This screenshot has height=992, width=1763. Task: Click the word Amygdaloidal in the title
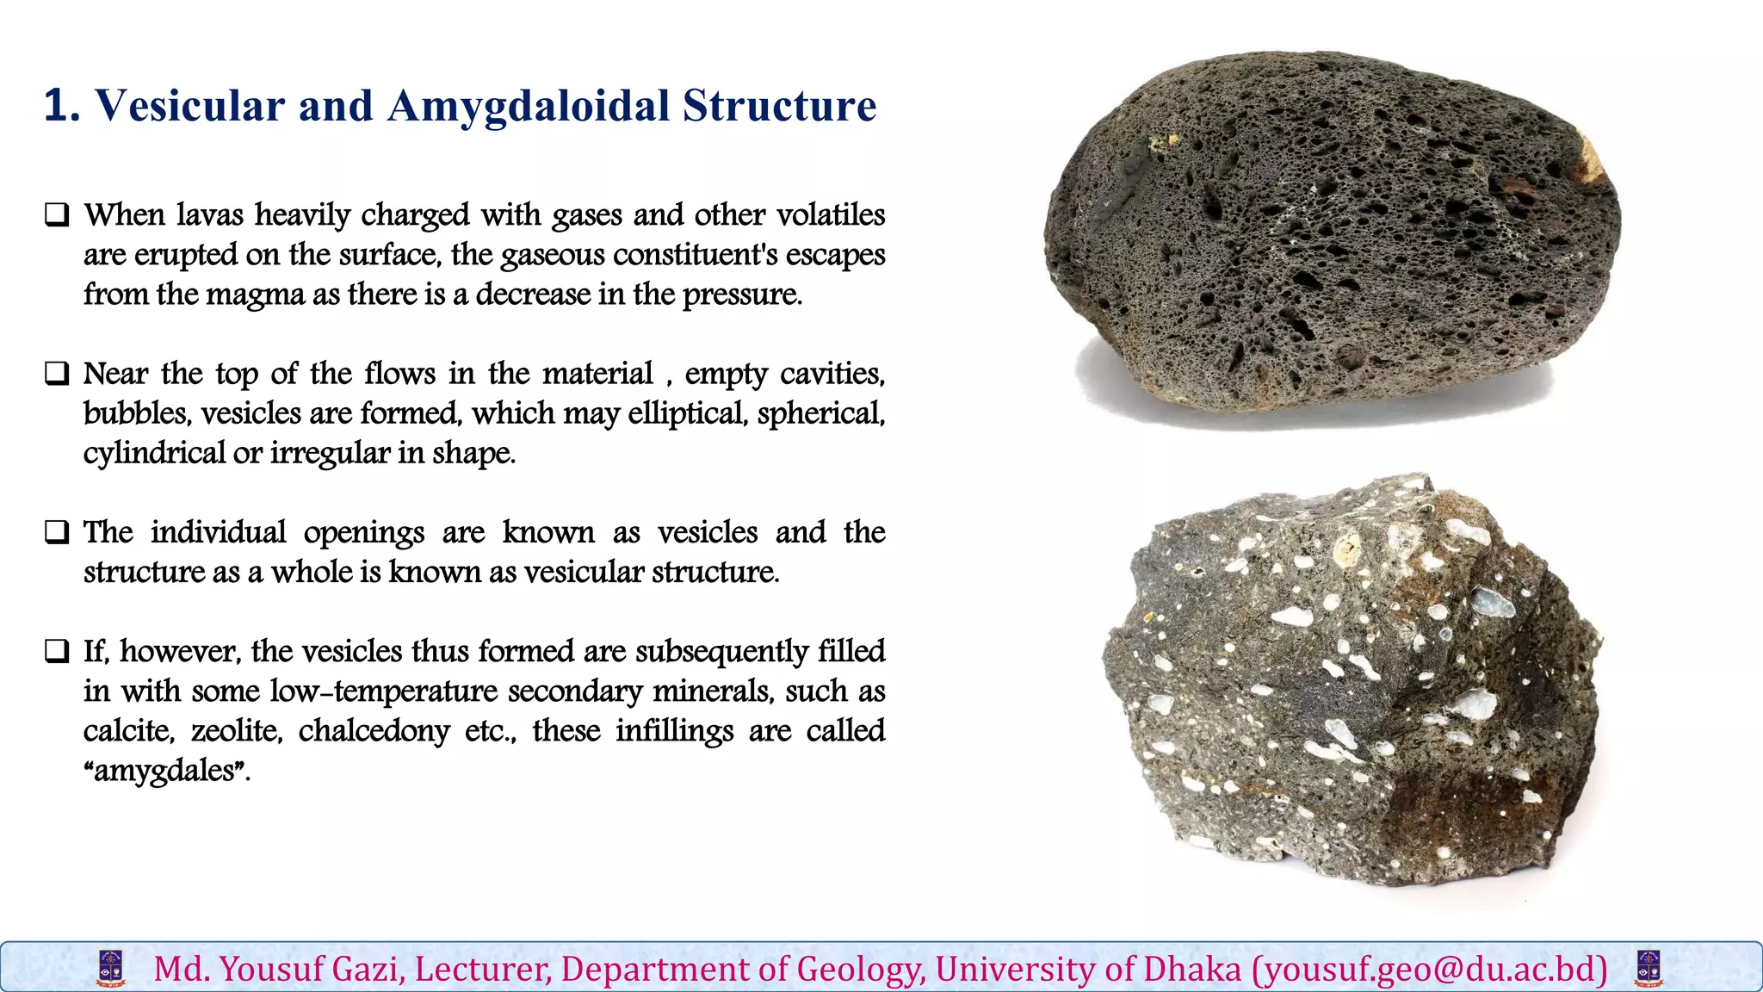click(528, 107)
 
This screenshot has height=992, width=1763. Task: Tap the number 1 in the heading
click(57, 107)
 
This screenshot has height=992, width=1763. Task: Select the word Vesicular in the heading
click(189, 107)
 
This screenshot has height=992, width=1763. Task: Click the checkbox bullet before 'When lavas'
click(57, 214)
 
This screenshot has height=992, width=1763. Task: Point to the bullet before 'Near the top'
click(57, 374)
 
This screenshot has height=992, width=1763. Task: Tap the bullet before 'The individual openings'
click(57, 532)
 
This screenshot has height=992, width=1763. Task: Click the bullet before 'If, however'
click(57, 651)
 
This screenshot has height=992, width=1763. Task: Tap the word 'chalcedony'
click(374, 731)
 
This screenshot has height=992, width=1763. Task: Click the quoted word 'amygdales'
click(164, 771)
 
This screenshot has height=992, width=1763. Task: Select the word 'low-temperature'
click(383, 691)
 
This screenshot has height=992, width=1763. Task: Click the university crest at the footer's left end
click(111, 969)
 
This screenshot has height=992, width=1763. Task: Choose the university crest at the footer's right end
click(1649, 969)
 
